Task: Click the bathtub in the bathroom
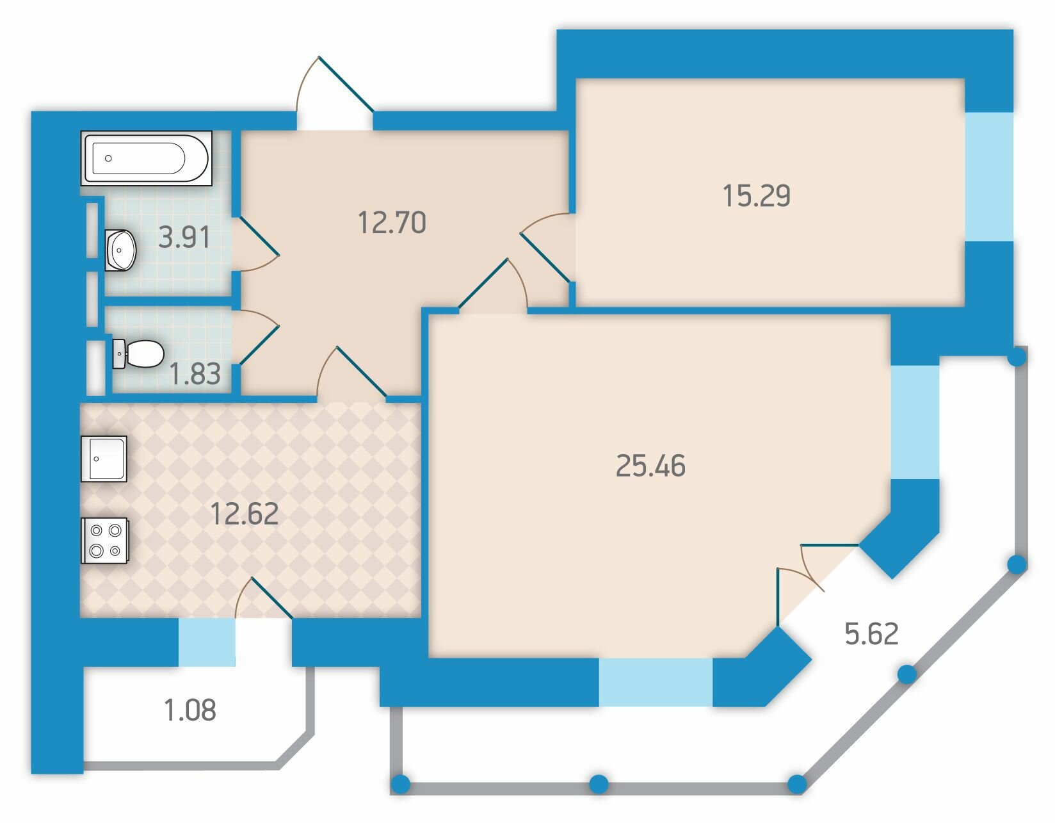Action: click(x=146, y=158)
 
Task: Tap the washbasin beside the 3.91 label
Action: click(x=121, y=250)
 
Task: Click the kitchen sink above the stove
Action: click(x=104, y=459)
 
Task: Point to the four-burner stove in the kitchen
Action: click(x=104, y=541)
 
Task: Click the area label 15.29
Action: click(x=757, y=196)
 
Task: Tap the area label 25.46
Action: click(x=650, y=465)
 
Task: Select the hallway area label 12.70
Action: click(x=392, y=222)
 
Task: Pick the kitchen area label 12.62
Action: click(x=245, y=513)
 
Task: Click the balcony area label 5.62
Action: click(x=871, y=633)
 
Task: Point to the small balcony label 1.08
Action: click(x=190, y=710)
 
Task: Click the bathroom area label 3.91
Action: click(x=184, y=238)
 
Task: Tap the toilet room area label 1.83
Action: click(x=195, y=374)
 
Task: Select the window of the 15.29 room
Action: click(x=988, y=176)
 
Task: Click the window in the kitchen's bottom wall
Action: click(x=207, y=642)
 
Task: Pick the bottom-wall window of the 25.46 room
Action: click(x=656, y=682)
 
